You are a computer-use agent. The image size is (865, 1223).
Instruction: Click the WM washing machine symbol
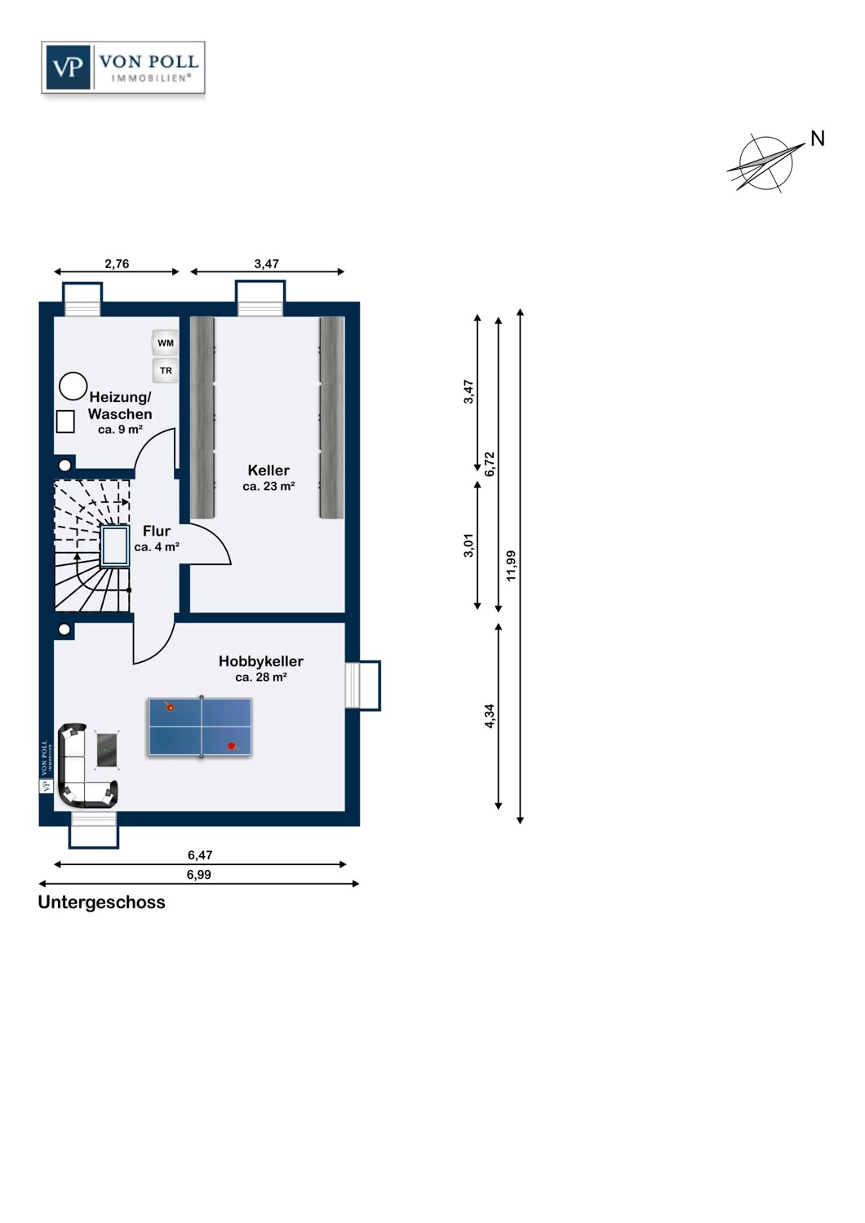tap(166, 343)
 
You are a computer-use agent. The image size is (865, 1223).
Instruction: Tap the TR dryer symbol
tap(166, 370)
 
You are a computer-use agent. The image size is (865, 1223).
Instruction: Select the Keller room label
tap(268, 470)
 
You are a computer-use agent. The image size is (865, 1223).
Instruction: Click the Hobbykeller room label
tap(261, 661)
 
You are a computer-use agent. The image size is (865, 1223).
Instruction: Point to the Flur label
tap(157, 531)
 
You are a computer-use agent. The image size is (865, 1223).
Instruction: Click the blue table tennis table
tap(201, 727)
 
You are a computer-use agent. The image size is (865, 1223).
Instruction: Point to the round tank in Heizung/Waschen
tap(73, 386)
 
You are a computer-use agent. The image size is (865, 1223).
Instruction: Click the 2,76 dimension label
tap(117, 263)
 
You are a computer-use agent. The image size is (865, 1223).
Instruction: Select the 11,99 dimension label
tap(511, 566)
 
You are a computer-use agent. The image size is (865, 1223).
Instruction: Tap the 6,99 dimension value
tap(199, 874)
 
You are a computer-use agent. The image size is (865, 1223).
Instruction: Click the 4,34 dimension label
tap(490, 716)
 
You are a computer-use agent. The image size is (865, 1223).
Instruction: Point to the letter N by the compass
tap(818, 139)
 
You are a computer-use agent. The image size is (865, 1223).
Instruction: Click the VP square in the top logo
tap(68, 67)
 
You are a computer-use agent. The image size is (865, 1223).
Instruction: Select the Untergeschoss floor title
tap(102, 903)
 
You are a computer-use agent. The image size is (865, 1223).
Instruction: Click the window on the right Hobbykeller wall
tap(362, 685)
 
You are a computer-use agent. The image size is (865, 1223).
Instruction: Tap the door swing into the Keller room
tap(211, 545)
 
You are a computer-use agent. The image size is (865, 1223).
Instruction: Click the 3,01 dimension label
tap(468, 545)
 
